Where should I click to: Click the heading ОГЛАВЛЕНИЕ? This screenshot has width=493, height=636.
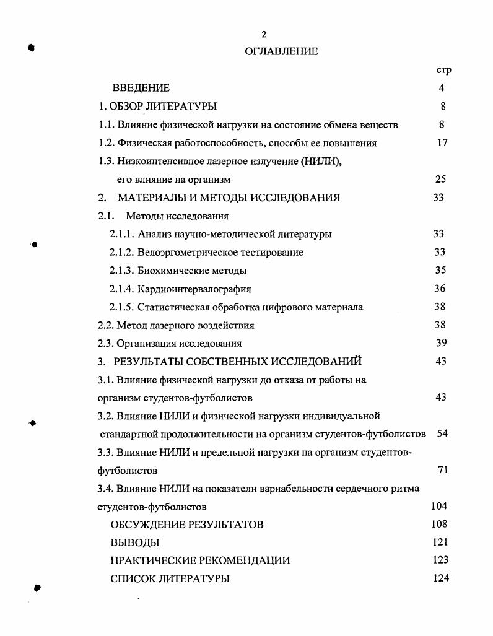click(281, 51)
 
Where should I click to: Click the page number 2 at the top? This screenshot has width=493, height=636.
click(264, 34)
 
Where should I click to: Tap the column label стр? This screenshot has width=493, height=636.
click(443, 70)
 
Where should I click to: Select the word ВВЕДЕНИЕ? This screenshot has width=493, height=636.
click(141, 88)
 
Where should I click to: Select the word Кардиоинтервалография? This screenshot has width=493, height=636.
click(194, 289)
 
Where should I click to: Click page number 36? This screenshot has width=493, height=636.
click(440, 289)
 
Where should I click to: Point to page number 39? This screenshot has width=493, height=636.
click(441, 343)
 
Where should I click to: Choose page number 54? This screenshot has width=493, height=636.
click(442, 433)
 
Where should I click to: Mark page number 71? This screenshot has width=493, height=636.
click(442, 470)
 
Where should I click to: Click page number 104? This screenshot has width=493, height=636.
click(438, 506)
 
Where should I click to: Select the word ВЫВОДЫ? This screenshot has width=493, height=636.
click(134, 542)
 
